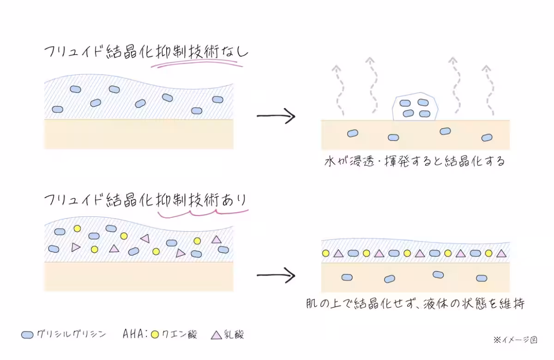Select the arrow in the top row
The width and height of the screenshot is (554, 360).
[276, 116]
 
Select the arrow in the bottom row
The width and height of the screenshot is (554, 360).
[276, 276]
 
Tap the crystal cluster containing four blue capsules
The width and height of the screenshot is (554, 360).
[414, 108]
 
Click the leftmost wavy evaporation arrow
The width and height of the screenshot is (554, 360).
[339, 90]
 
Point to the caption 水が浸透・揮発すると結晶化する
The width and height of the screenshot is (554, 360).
[415, 162]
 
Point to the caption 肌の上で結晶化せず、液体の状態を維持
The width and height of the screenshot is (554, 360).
[415, 304]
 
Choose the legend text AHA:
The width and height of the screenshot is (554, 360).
[134, 334]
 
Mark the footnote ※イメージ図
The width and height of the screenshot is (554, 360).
[515, 339]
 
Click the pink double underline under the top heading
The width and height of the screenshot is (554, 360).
[196, 66]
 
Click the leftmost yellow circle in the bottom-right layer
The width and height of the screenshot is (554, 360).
[325, 253]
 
